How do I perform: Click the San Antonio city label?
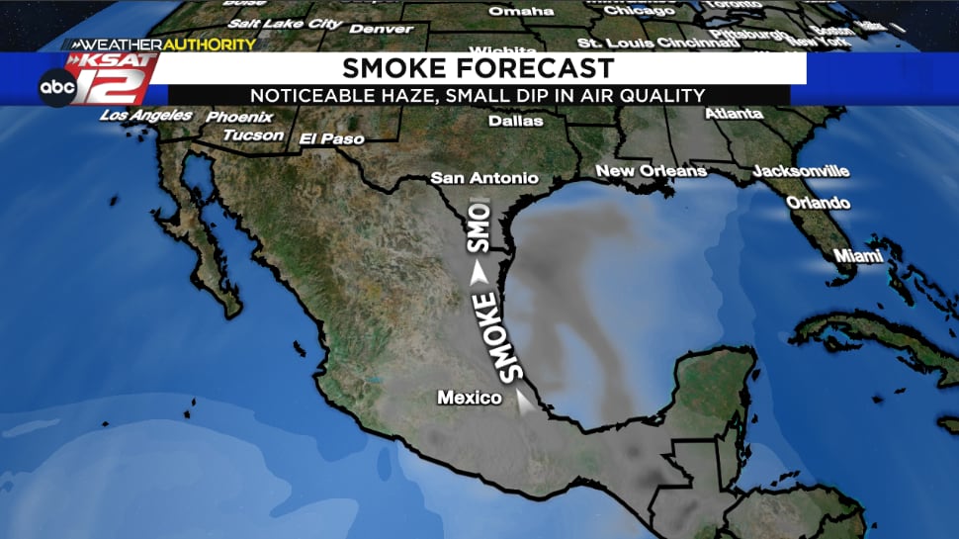485,178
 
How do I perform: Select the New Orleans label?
651,171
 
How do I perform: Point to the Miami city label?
857,256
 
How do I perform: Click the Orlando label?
818,203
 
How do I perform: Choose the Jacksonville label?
801,171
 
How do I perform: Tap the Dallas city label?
516,121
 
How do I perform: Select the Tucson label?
253,135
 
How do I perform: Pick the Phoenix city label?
239,117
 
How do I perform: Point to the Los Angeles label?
146,116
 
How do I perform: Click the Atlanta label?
734,114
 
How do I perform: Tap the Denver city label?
382,29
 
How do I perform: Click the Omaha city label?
521,11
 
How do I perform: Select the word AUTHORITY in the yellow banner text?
209,45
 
